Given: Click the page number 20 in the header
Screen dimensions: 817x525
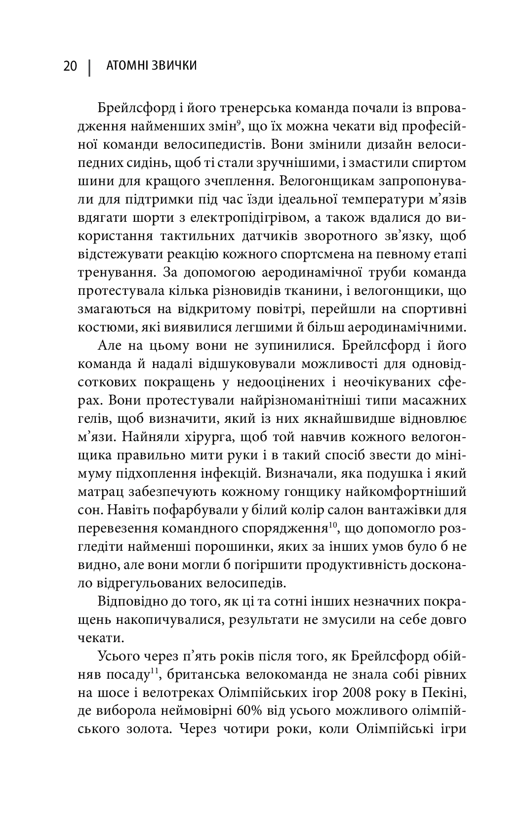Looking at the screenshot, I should click(70, 66).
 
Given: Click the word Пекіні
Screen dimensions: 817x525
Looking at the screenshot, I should click(445, 693).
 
